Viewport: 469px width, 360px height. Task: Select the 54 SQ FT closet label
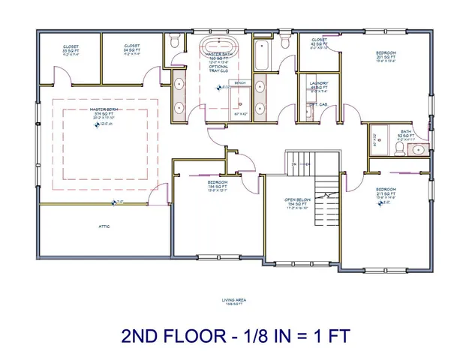point(133,49)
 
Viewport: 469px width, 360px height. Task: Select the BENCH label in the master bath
point(240,82)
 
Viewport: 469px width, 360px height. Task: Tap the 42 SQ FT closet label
point(319,43)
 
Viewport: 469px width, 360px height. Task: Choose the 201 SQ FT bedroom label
point(386,57)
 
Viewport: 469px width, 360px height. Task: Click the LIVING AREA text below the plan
point(234,301)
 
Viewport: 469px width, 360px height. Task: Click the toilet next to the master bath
point(173,42)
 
